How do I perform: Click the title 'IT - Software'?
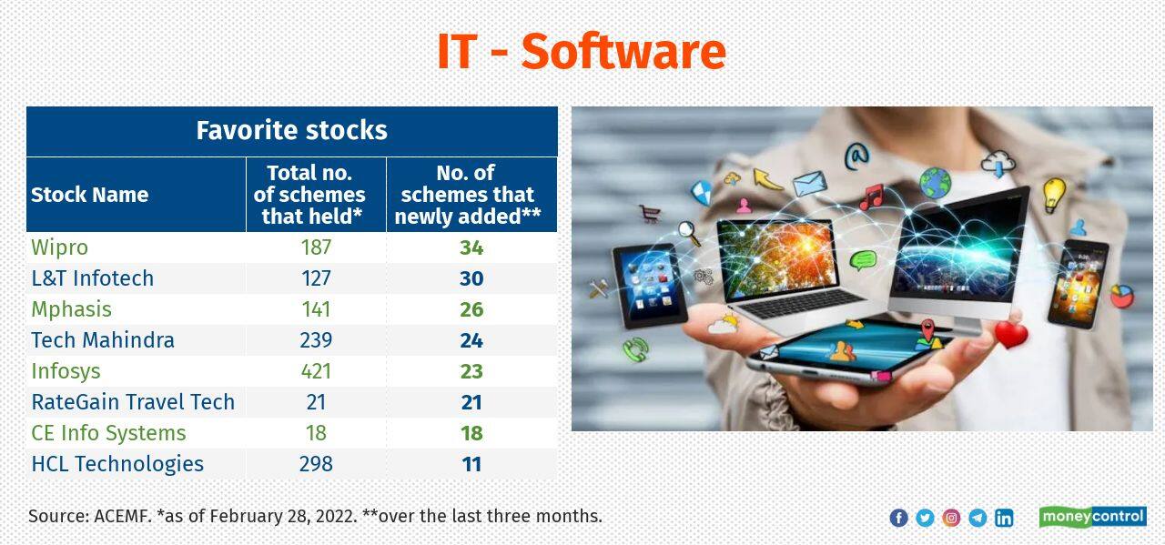click(x=581, y=51)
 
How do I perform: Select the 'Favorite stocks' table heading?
click(x=291, y=130)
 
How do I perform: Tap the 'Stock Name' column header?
click(x=89, y=195)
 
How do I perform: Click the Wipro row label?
click(x=59, y=247)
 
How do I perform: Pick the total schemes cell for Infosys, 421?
click(x=316, y=371)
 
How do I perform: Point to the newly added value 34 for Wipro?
click(x=471, y=247)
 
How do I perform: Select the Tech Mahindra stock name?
click(x=102, y=340)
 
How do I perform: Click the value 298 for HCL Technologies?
click(x=316, y=464)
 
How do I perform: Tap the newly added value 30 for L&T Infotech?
click(x=471, y=278)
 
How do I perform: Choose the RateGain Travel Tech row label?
click(x=133, y=402)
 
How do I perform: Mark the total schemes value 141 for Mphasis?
click(x=316, y=309)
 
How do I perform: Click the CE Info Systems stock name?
click(x=108, y=433)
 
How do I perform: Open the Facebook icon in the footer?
click(x=898, y=518)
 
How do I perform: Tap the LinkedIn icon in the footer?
click(x=1004, y=518)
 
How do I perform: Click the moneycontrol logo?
click(x=1092, y=517)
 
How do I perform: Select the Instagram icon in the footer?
click(x=951, y=518)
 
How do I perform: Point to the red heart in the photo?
click(x=1010, y=335)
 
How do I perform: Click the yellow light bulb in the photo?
click(x=1053, y=194)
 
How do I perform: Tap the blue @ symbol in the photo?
click(x=856, y=156)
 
